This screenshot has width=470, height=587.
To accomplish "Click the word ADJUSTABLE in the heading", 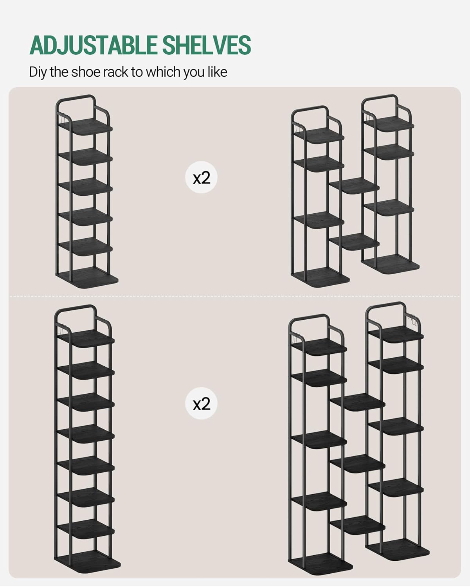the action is coord(93,45).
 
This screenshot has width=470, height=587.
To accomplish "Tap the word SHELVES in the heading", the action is coord(207,45).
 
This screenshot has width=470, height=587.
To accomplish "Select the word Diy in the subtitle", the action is coord(38,72).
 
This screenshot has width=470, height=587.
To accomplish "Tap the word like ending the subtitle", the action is coord(218,72).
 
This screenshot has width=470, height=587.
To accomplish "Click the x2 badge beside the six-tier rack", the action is coord(201,177).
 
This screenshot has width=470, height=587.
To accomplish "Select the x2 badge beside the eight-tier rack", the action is coord(201,403).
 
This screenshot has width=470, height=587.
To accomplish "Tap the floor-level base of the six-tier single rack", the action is coord(87,277).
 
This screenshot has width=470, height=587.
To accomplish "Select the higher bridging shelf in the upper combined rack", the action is coord(354,185).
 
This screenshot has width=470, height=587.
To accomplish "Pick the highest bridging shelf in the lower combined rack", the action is coord(358,402).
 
